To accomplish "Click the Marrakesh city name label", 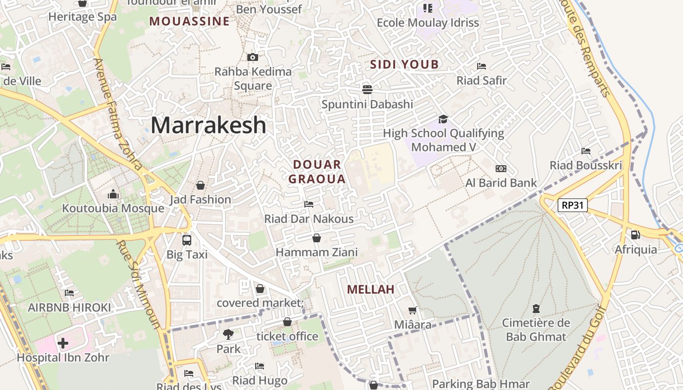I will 208,125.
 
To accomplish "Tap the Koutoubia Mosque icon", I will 113,195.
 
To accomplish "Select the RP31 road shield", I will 572,205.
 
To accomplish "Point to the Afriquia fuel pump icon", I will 635,235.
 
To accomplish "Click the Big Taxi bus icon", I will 187,240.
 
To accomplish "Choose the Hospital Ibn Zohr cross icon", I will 62,343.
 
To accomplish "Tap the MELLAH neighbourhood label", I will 370,290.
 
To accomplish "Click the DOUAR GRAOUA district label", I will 317,172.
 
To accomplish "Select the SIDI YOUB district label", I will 404,64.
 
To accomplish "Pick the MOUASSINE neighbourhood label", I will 189,21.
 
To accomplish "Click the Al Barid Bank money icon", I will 501,169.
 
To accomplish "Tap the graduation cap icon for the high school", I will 443,119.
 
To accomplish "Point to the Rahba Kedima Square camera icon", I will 252,57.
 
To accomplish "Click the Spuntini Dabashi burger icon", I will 367,89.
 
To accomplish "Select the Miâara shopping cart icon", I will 412,310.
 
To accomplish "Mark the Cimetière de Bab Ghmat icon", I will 536,308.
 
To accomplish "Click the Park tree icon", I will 228,334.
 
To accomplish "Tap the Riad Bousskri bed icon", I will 586,151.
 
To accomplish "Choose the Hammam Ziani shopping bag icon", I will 317,238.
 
